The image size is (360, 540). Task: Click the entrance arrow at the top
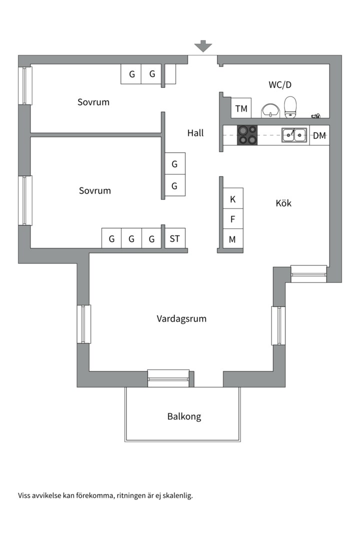click(x=203, y=46)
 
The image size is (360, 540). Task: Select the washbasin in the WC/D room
click(x=270, y=110)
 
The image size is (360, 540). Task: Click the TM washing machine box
click(x=241, y=108)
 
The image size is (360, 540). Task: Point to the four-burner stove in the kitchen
click(x=247, y=135)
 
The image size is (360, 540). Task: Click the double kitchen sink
click(x=294, y=135)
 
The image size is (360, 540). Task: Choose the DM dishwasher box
click(x=319, y=135)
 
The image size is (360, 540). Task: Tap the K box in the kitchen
click(x=232, y=199)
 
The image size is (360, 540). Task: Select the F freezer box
click(x=232, y=219)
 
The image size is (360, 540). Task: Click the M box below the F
click(x=232, y=239)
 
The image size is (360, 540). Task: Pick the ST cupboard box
click(x=174, y=238)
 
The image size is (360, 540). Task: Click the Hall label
click(x=195, y=133)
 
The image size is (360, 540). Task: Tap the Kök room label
click(x=283, y=203)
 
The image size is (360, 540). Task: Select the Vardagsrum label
click(x=181, y=318)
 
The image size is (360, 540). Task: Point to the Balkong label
click(x=184, y=416)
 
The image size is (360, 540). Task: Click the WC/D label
click(x=280, y=85)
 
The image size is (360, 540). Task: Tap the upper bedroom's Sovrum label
click(x=93, y=102)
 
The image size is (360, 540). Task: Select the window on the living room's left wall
click(x=83, y=323)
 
